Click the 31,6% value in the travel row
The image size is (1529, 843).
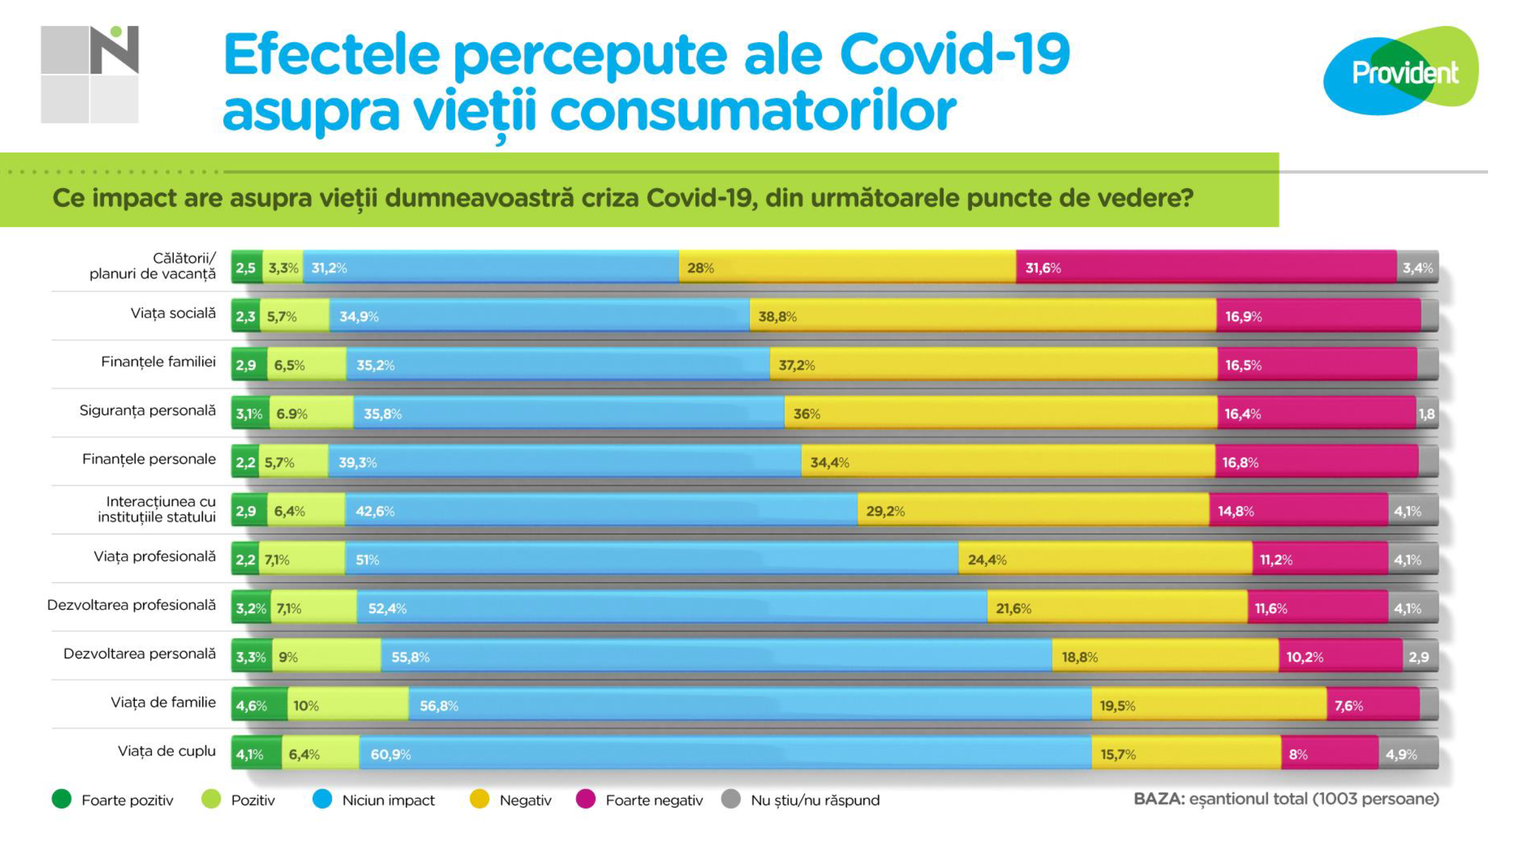[1043, 268]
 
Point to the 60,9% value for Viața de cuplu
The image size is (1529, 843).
[390, 754]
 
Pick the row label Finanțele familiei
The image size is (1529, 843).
[158, 362]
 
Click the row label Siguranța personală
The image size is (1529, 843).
[147, 411]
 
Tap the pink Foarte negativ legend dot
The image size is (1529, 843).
[586, 799]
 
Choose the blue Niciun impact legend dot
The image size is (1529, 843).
[322, 799]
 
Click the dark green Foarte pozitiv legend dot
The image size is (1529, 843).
[62, 799]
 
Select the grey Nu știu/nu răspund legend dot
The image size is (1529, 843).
[730, 799]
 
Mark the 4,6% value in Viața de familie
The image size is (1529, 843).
[251, 706]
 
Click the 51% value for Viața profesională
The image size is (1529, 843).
[367, 559]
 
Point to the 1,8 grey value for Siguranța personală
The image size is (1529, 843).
[1426, 414]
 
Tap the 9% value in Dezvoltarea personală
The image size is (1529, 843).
[288, 657]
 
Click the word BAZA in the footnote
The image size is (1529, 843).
[1158, 799]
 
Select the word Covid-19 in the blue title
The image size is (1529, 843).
[954, 54]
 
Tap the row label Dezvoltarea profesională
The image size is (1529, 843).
[131, 605]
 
